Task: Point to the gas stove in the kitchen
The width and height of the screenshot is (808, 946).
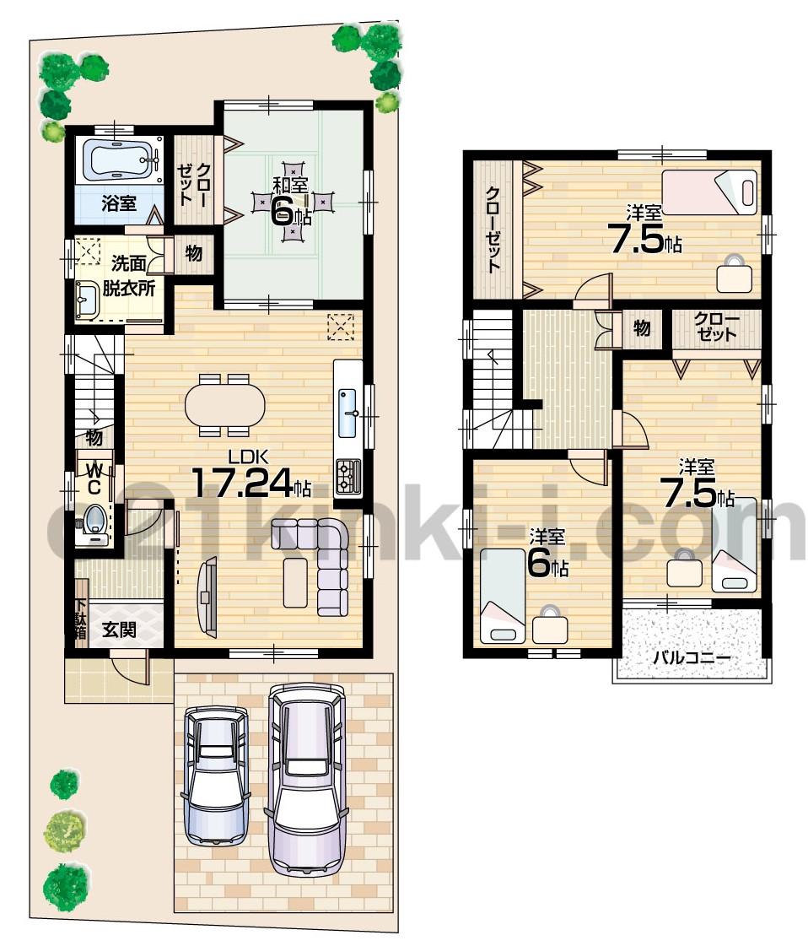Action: (348, 477)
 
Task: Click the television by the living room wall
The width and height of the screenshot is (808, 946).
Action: (206, 594)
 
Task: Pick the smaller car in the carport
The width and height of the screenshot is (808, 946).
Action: (217, 772)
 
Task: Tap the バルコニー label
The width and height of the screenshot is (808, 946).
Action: (691, 657)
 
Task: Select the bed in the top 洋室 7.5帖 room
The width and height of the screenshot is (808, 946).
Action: (708, 191)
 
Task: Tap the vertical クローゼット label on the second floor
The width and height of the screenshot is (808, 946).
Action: (493, 229)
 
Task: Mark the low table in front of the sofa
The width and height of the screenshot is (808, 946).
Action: (295, 581)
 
